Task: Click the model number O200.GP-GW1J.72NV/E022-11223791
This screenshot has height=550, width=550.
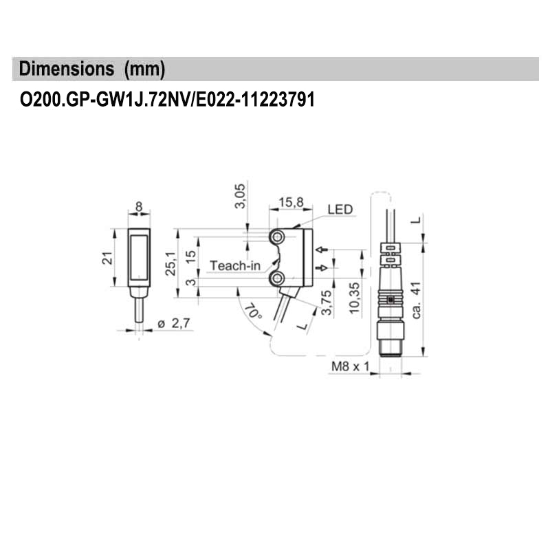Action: (167, 100)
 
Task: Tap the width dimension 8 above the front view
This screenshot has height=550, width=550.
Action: (140, 206)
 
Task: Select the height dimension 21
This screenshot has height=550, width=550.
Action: (107, 258)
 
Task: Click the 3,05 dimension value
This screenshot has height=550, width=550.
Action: (240, 197)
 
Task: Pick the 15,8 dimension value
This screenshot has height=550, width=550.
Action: (291, 202)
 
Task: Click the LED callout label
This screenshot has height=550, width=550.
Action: (340, 209)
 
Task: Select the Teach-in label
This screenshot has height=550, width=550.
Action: (235, 265)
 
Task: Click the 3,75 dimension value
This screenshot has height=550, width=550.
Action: (327, 302)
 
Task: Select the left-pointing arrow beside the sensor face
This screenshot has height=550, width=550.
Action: (320, 249)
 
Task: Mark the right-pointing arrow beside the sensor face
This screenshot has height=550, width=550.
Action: (320, 267)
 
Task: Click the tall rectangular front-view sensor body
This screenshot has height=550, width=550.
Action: (140, 258)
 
